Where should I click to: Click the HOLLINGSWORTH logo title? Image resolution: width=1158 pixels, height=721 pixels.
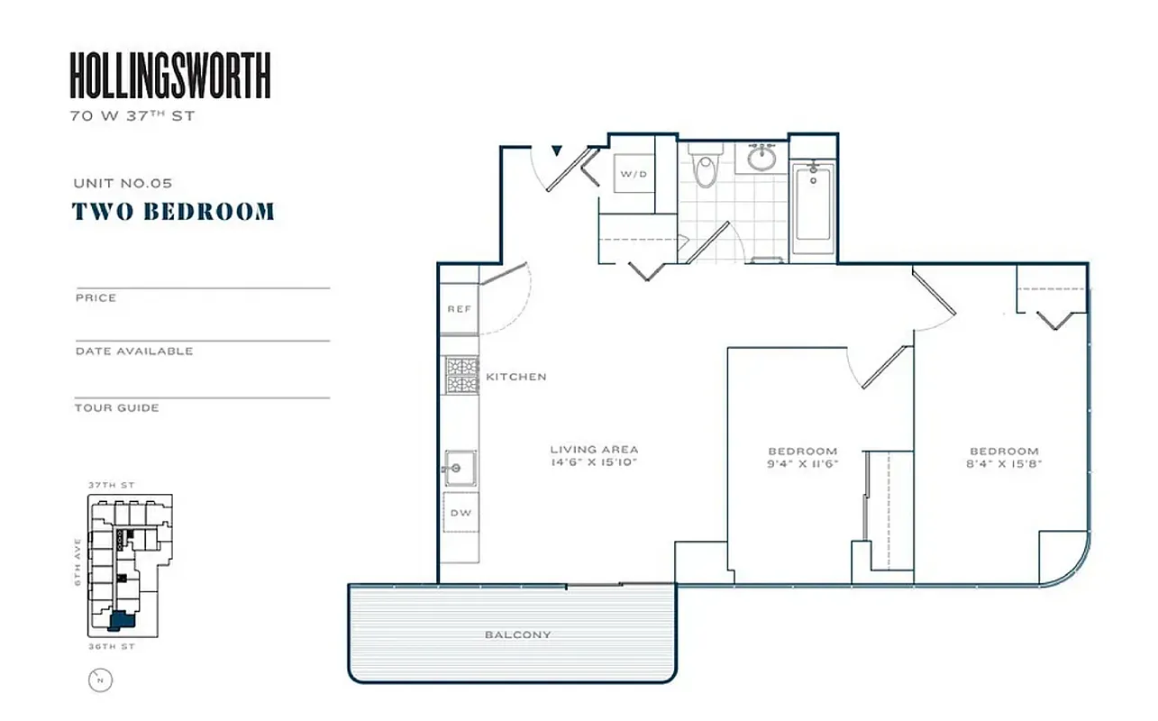pos(170,76)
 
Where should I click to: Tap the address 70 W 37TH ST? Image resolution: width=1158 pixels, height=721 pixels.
pos(132,115)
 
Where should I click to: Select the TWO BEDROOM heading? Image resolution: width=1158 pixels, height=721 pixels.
pos(173,212)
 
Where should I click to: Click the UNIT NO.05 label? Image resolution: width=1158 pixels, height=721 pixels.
pos(123,183)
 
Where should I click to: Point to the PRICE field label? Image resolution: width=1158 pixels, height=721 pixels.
pos(96,298)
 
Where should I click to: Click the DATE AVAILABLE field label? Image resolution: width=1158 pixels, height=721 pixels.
pos(134,351)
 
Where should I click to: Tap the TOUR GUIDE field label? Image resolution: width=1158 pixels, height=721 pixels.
pos(117,408)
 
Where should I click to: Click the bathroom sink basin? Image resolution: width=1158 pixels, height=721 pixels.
pos(761,160)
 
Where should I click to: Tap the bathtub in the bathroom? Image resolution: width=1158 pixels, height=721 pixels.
pos(813,209)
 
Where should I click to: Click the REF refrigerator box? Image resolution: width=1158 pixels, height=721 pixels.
pos(460,309)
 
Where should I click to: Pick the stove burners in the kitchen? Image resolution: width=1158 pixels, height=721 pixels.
pos(461,376)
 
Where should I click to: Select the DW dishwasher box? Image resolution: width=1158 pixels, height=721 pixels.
pos(460,513)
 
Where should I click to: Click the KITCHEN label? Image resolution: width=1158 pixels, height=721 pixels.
pos(515,377)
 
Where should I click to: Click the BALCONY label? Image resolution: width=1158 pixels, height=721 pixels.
pos(517,635)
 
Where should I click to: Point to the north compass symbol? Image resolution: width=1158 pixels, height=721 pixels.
pos(100,680)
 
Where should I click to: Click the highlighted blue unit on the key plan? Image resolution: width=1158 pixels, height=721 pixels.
pos(120,620)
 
